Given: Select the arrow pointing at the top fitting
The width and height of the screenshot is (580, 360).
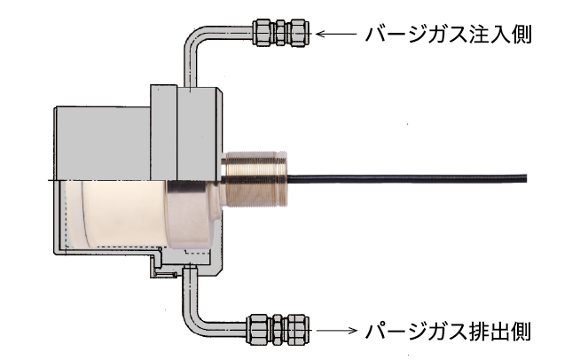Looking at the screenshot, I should (335, 35).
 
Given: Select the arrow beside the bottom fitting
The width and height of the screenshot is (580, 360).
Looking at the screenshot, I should (335, 331).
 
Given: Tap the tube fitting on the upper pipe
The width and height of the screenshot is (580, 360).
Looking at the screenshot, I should (282, 34).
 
